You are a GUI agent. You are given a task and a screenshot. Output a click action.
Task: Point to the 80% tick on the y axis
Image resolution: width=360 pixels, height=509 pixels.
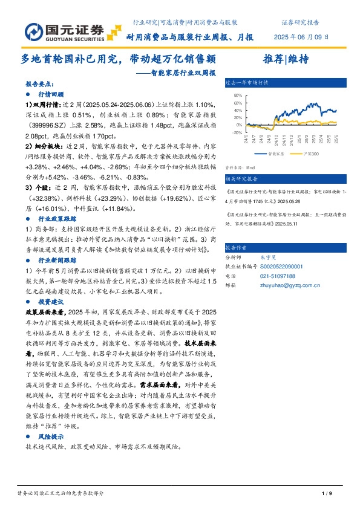[237, 95]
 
